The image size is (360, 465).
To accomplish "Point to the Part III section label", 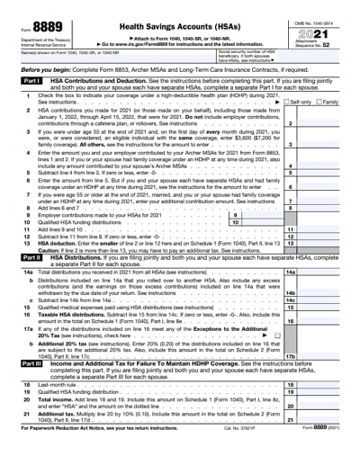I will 29,362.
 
